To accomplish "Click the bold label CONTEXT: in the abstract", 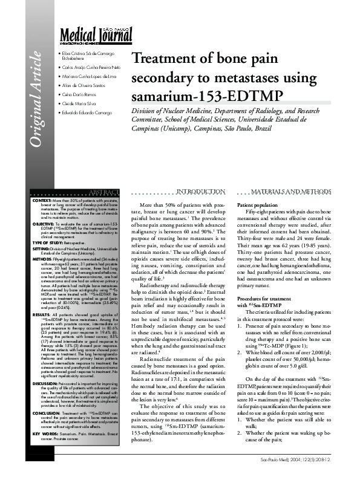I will (x=42, y=199).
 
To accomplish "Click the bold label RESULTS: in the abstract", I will (x=41, y=315).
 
